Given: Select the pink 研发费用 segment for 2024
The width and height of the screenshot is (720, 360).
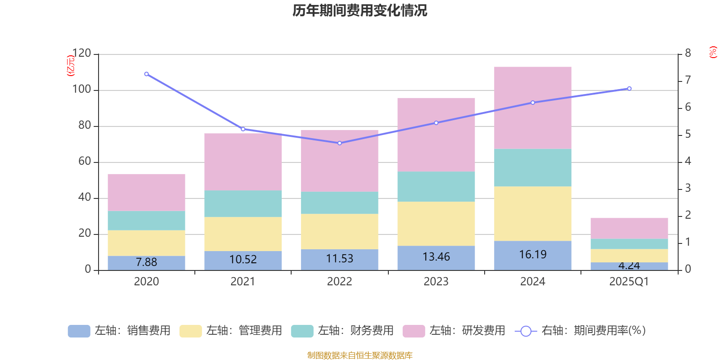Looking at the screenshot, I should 532,108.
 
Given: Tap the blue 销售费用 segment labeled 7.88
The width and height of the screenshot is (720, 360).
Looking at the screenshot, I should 146,262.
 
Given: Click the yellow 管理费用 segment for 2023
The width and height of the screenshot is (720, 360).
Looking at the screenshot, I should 436,223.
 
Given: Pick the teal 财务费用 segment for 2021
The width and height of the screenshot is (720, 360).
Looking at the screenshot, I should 243,203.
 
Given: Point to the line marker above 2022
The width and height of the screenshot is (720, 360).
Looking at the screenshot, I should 339,143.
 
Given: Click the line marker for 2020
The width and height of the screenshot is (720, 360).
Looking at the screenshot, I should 146,74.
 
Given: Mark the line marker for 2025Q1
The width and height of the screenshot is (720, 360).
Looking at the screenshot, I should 629,88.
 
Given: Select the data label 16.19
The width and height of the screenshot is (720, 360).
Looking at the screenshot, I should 532,255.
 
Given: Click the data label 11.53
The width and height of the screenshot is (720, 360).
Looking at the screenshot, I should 339,259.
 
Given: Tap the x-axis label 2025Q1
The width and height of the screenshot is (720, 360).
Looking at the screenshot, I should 629,282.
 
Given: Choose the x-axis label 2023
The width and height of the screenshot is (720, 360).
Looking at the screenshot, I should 436,282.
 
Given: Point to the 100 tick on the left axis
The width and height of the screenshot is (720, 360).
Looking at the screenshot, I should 81,90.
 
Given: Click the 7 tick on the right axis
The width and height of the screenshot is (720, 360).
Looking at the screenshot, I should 688,81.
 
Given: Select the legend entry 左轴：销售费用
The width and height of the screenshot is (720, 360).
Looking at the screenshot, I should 119,331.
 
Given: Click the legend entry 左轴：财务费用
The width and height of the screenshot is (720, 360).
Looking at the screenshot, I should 342,331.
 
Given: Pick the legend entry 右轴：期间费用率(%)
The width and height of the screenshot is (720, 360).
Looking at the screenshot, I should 580,331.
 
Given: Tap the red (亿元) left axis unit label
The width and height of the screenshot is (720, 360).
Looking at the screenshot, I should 71,66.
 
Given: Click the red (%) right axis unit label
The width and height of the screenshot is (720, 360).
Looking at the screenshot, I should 713,52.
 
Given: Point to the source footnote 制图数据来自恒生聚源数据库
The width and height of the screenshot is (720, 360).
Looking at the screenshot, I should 360,355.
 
